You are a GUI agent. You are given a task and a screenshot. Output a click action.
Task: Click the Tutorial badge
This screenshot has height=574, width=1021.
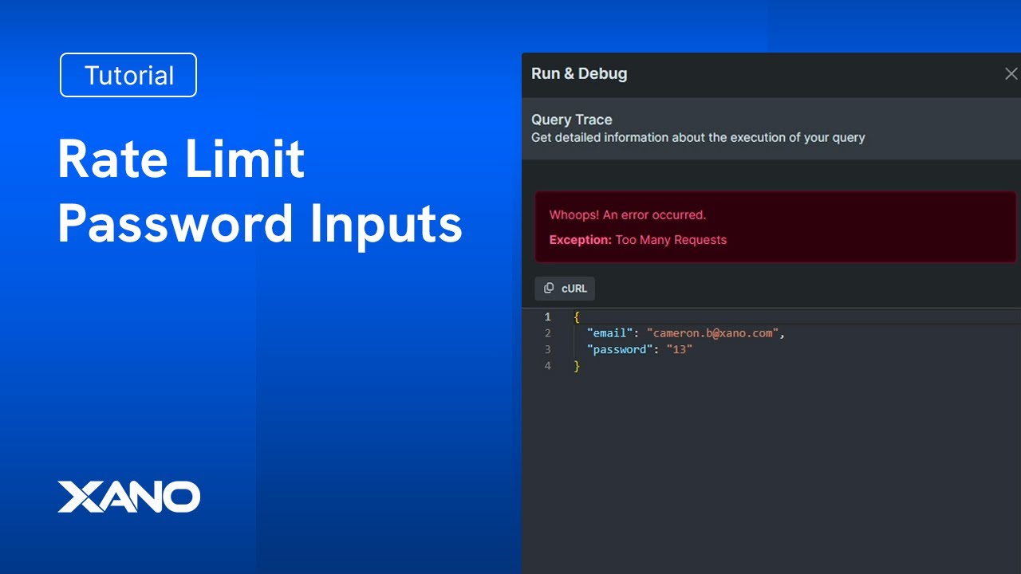point(128,75)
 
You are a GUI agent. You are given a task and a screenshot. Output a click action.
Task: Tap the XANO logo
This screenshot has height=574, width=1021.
point(129,497)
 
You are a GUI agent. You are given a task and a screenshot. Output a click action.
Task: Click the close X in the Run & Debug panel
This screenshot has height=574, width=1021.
point(1011,74)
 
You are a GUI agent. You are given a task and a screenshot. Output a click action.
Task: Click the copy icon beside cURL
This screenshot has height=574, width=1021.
point(549,288)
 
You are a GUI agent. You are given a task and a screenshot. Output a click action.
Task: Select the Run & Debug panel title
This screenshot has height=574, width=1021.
point(579,74)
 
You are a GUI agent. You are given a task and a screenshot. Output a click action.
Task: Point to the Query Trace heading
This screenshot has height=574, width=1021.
point(572,120)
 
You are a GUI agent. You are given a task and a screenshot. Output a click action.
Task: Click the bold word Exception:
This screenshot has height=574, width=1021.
point(580,240)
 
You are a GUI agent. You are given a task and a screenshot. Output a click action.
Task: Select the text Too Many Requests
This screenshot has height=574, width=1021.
point(671,240)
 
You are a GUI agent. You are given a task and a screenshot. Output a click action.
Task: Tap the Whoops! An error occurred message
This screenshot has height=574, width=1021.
point(628,215)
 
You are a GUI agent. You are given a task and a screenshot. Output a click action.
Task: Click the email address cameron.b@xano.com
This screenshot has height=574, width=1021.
point(712,333)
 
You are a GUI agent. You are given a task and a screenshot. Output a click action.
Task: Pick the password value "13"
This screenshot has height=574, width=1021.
point(679,349)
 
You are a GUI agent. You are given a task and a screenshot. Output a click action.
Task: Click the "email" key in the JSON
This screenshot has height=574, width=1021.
point(610,333)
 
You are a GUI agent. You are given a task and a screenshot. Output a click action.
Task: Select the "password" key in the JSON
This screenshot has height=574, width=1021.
point(620,349)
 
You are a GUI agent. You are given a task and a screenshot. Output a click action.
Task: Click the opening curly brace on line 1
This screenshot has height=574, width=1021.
point(577,317)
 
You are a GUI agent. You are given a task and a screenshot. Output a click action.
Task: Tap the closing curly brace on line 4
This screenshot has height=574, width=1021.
point(577,366)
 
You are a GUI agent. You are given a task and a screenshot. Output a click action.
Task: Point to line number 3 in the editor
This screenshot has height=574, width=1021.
point(547,349)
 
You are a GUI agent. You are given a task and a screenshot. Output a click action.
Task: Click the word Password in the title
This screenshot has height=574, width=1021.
point(175,224)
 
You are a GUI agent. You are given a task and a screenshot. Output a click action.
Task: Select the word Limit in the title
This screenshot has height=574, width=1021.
point(245,158)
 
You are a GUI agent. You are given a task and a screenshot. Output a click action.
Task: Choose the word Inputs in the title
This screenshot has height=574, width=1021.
point(387,226)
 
